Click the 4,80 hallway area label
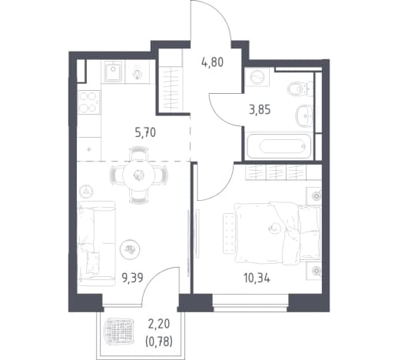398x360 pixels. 212,62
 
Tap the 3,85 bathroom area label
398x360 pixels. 260,110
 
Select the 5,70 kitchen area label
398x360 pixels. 145,133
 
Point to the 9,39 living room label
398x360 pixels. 132,278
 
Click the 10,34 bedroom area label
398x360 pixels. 257,278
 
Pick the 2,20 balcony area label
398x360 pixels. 159,325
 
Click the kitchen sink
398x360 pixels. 113,72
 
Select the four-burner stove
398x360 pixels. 88,102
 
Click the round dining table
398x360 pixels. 139,175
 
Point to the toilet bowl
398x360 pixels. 298,88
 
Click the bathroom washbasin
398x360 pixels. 304,116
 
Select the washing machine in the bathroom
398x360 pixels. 257,77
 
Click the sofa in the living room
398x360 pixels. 96,244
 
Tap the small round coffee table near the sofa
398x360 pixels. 131,249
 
